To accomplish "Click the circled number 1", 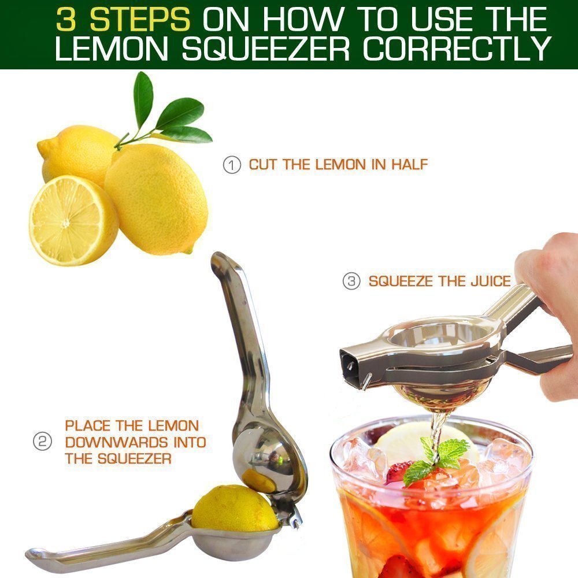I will pos(232,165).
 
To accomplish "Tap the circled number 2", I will pos(42,442).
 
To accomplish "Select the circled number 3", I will pos(351,281).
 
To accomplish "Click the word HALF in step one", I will pos(409,165).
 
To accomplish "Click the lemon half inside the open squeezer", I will pos(234,509).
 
